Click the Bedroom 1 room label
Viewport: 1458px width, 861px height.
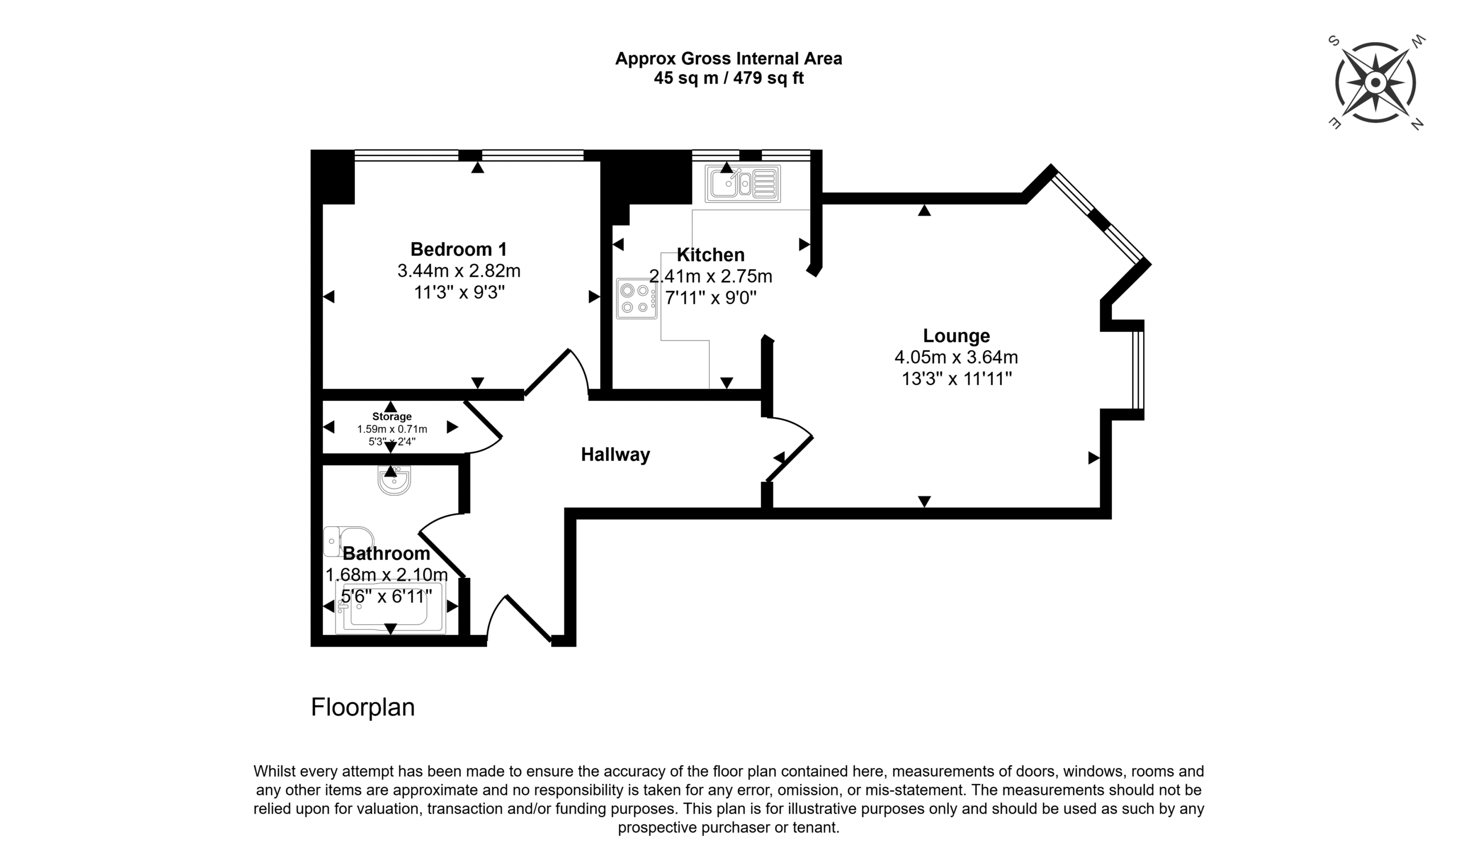tap(458, 249)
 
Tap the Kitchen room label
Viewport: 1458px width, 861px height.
tap(711, 255)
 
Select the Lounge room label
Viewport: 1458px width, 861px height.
tap(956, 335)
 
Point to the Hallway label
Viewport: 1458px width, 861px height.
tap(616, 454)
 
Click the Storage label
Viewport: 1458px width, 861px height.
tap(392, 417)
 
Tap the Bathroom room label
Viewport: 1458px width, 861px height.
tap(386, 553)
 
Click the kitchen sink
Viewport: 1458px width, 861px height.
tap(743, 183)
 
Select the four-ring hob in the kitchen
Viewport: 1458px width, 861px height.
tap(637, 298)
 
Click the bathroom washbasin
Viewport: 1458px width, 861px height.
tap(395, 479)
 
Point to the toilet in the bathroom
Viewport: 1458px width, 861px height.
tap(349, 542)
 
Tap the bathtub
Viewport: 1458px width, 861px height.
tap(391, 608)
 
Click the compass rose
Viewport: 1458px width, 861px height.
tap(1375, 83)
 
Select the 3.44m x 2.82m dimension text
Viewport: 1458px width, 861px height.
tap(458, 271)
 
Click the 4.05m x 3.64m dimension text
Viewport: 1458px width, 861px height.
tap(956, 357)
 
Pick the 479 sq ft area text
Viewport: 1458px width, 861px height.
tap(768, 78)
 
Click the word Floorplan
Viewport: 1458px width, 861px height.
tap(363, 707)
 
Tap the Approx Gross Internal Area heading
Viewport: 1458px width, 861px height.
tap(728, 59)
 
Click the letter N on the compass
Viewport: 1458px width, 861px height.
tap(1418, 124)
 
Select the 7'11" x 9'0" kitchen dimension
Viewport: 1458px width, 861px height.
tap(711, 298)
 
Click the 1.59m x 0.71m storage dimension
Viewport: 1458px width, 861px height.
tap(392, 429)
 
